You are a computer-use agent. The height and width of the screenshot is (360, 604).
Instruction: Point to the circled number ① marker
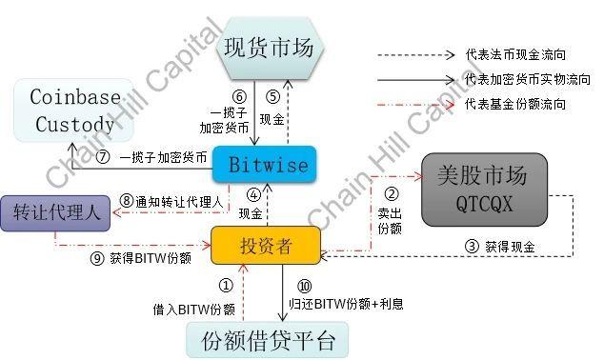coord(226,285)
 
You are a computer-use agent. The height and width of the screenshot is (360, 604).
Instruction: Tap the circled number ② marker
coord(391,196)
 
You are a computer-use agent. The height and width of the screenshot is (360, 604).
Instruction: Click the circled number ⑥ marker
coord(239,96)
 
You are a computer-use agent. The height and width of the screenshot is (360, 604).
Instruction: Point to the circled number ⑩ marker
coord(304,286)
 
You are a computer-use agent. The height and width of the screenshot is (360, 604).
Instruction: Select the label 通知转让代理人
coord(177,201)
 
